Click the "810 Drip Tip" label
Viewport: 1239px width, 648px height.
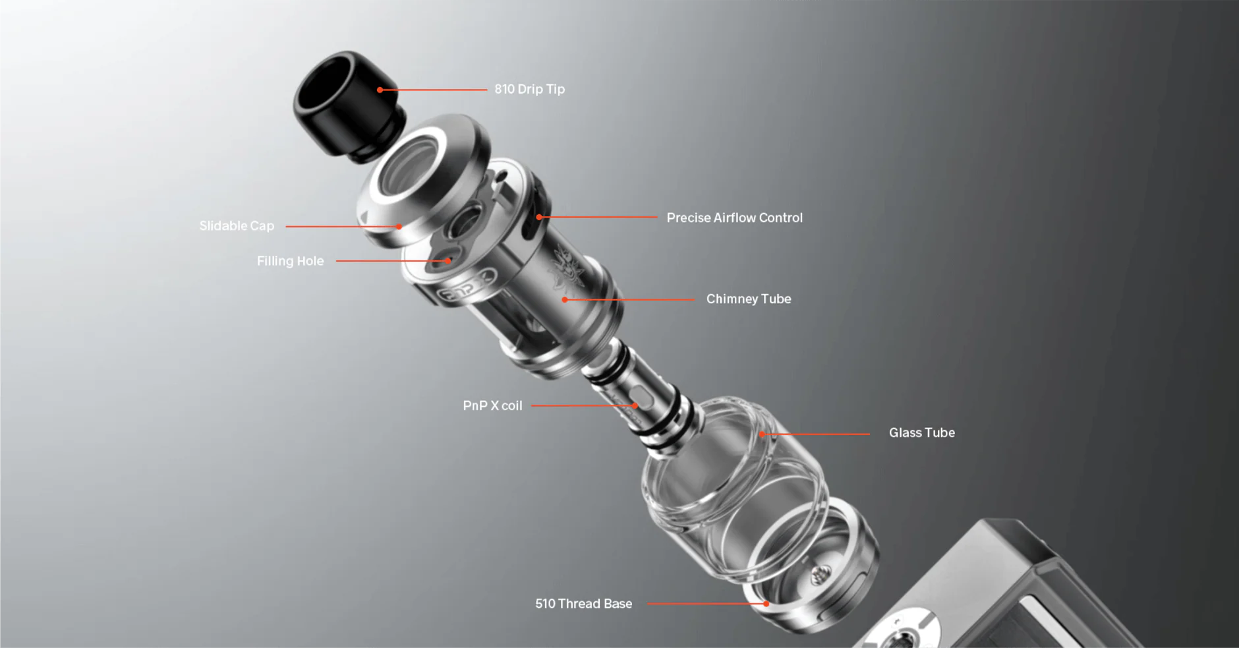pos(530,89)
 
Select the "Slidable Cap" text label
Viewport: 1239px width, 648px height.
pos(237,226)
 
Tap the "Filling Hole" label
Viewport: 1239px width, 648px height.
pos(291,261)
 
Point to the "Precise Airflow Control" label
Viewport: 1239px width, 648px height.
pos(735,218)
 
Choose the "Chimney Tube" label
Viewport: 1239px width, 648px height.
pos(749,299)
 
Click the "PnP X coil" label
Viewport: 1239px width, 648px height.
pos(492,405)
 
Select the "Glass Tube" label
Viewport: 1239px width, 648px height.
pos(922,432)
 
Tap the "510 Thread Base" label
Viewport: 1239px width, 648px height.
pos(583,603)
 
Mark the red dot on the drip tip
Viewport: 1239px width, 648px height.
pos(380,90)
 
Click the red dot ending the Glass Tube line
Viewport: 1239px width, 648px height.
pos(762,434)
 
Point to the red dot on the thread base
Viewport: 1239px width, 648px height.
pos(766,604)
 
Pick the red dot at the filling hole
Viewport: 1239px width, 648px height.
pos(448,261)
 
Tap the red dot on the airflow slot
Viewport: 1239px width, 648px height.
pos(538,217)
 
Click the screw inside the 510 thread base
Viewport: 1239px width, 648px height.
pos(819,575)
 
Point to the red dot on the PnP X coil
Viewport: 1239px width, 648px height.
pos(635,406)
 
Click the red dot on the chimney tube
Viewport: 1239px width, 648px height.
pos(565,299)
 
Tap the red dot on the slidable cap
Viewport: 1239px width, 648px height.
pos(399,227)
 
